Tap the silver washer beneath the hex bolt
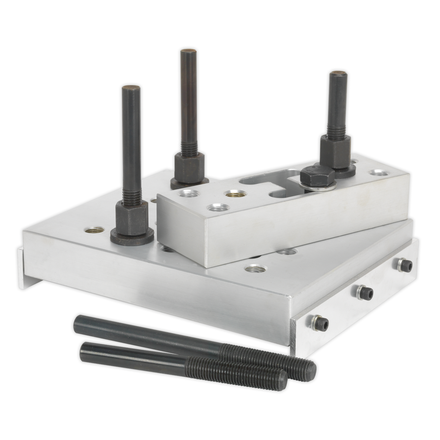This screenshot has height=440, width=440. coord(323,188)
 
